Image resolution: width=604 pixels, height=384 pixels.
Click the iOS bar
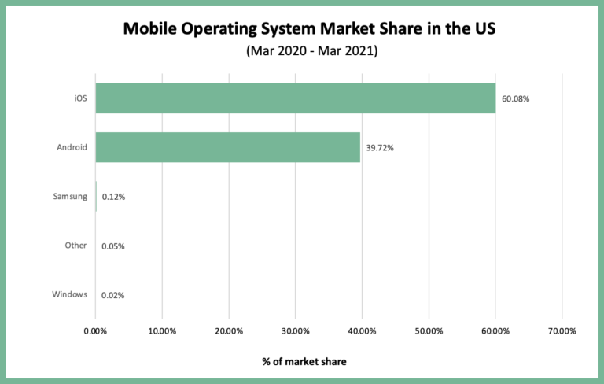point(295,98)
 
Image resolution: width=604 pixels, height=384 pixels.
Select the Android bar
point(228,147)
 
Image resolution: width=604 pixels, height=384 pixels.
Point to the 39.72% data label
point(380,148)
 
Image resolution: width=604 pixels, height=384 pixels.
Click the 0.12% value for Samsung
point(113,197)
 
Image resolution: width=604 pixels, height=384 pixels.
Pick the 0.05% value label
point(113,246)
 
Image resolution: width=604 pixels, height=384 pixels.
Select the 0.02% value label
point(113,295)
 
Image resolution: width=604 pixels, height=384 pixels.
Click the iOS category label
point(79,98)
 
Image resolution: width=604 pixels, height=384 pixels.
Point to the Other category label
point(75,246)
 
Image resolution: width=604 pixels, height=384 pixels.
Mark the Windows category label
point(70,294)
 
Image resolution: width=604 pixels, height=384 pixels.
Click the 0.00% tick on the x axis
point(95,330)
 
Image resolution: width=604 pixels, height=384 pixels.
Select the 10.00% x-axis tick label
point(162,330)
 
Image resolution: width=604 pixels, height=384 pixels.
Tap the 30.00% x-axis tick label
point(295,330)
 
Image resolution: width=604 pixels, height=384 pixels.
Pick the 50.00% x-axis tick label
point(429,330)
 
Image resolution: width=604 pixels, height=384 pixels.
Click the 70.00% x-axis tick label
point(562,330)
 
